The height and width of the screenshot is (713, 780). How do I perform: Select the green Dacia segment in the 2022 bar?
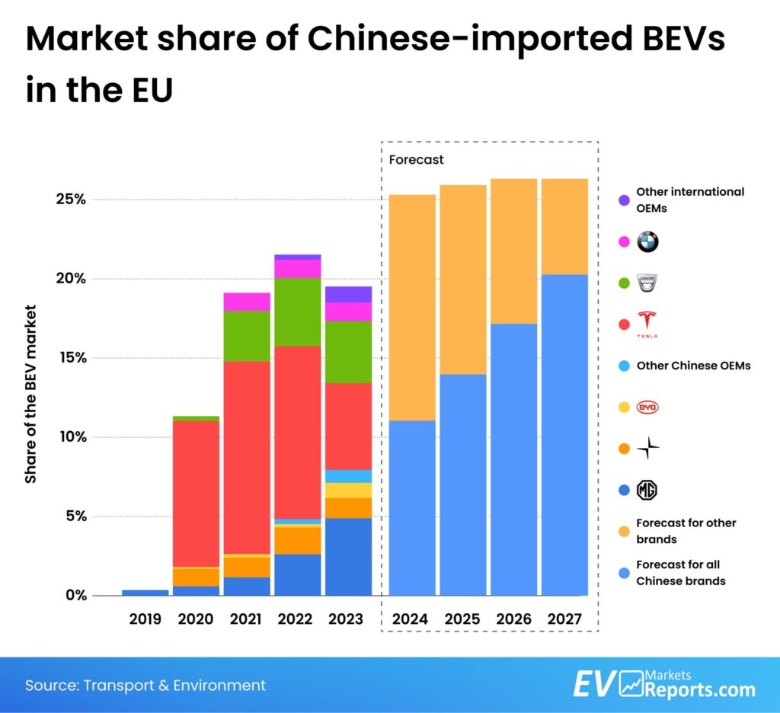point(297,312)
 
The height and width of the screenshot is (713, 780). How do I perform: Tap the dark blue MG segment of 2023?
point(348,556)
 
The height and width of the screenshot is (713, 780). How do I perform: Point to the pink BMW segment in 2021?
point(247,302)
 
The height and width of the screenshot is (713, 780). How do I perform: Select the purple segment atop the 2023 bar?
point(348,294)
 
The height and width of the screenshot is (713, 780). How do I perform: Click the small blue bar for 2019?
point(145,592)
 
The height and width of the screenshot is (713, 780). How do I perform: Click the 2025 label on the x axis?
point(462,619)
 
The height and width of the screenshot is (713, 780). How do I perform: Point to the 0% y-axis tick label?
point(73,595)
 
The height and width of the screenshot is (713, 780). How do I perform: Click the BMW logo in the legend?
point(647,242)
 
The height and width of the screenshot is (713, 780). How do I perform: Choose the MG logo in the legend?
point(647,490)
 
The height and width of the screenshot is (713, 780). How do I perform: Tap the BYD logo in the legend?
point(647,408)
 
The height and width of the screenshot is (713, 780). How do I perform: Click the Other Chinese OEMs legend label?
point(693,366)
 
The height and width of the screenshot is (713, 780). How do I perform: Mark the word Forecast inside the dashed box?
point(416,160)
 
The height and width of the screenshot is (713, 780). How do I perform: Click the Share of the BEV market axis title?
point(31,394)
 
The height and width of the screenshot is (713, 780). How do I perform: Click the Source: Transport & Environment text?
point(145,685)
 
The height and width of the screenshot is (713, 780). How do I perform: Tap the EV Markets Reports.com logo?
point(663,684)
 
